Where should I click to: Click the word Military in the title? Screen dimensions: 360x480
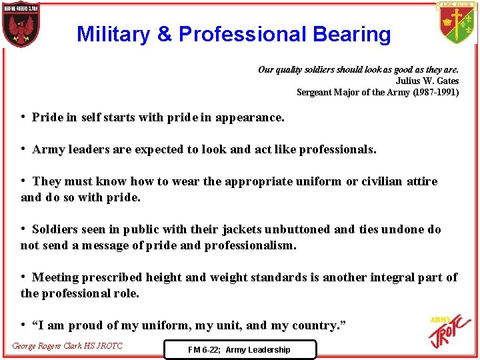coord(113,34)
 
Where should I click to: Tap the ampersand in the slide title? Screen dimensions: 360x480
coord(166,34)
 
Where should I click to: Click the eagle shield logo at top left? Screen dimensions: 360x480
coord(20,25)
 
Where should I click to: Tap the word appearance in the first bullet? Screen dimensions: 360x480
coord(251,117)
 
